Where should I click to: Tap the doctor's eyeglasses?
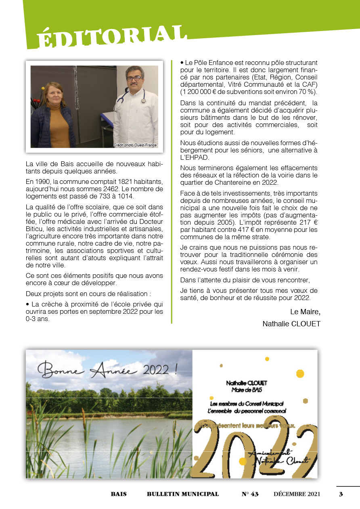click(134, 77)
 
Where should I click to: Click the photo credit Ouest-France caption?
click(135, 145)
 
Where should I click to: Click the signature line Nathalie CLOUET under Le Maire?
click(291, 323)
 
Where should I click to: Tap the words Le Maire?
click(305, 312)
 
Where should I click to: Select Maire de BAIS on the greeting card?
click(247, 390)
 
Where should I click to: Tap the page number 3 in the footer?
click(341, 494)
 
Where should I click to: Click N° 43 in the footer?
click(250, 494)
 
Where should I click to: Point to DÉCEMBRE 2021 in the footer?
click(297, 494)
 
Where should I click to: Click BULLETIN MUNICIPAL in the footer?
click(182, 494)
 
